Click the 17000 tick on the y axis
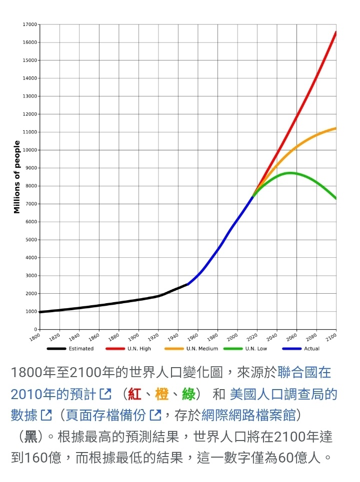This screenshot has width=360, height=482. (30, 24)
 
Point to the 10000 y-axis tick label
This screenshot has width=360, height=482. (30, 150)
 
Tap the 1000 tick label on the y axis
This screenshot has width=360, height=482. (31, 312)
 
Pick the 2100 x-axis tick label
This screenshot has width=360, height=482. (331, 337)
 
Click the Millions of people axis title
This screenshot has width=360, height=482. (17, 177)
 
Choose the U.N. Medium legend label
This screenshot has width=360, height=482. (202, 349)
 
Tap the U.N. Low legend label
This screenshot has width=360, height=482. (256, 349)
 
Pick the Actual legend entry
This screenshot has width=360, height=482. (311, 349)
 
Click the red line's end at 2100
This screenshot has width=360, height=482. (335, 32)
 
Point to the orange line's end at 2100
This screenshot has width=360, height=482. (335, 128)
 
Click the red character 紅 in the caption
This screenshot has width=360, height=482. (134, 394)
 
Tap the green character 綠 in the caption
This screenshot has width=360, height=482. (188, 394)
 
